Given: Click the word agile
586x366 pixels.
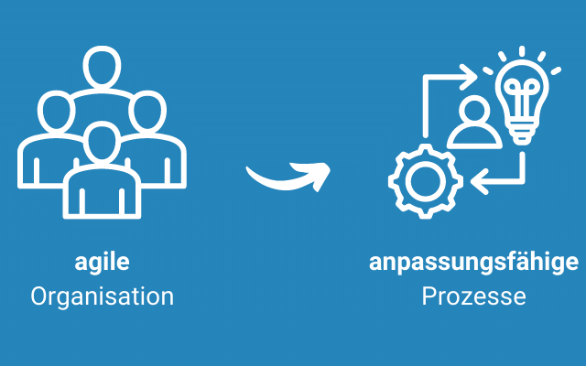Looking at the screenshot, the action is pos(102,264).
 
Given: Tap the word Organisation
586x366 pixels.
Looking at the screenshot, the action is pos(102,296).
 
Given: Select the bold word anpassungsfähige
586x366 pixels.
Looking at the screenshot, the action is pos(473,264).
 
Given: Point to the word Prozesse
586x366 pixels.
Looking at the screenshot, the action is pos(473,296).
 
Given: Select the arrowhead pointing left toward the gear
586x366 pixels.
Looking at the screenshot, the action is pos(478,183).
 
